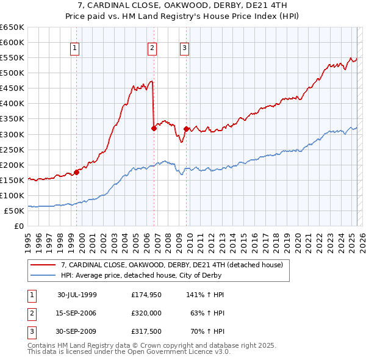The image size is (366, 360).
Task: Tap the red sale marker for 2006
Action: (x=154, y=128)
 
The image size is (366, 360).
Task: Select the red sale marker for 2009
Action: (x=185, y=129)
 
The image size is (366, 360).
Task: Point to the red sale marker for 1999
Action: (x=77, y=172)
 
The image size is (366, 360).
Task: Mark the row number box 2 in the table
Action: (x=31, y=314)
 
